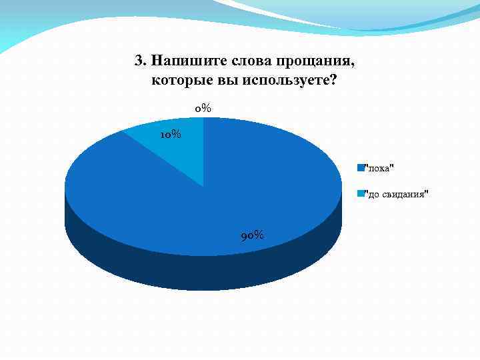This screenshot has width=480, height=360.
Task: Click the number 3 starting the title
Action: tap(138, 61)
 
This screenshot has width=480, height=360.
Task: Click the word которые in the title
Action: tap(179, 81)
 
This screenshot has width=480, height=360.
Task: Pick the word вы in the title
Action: tap(221, 81)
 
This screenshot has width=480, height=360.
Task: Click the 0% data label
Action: tap(203, 108)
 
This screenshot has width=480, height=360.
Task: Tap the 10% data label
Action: tap(170, 135)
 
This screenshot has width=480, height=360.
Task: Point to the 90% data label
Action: tap(251, 235)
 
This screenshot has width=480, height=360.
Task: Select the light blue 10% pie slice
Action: tap(175, 150)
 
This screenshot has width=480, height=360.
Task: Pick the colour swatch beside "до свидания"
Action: tap(360, 193)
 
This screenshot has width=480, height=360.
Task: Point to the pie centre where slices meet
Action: tap(203, 186)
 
